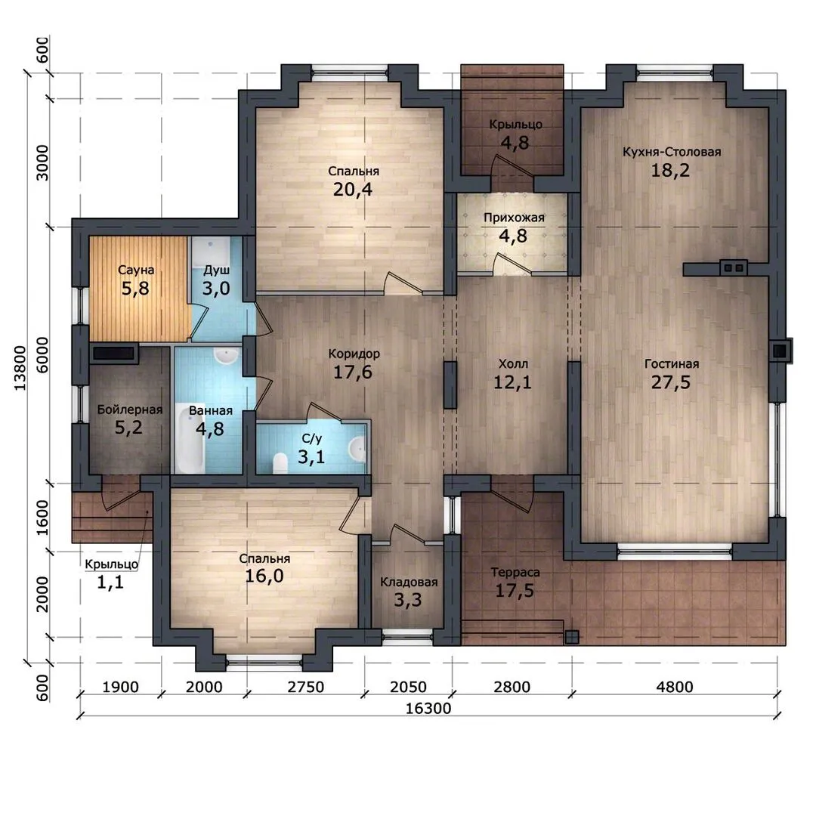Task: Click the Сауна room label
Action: [136, 270]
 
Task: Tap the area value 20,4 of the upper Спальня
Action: [353, 190]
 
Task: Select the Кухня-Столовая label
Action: [672, 152]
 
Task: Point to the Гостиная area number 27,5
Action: [671, 382]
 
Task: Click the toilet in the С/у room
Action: [280, 462]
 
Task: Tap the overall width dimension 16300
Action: [428, 709]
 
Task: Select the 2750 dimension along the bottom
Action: [306, 687]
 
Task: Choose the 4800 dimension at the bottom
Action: [675, 687]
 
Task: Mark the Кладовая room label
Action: [409, 582]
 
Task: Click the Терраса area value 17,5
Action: [515, 591]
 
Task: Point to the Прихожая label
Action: [514, 218]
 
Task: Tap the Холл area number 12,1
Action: [512, 382]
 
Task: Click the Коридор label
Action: [354, 354]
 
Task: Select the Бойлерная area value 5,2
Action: [128, 428]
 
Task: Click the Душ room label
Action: [217, 270]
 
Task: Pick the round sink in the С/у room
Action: [357, 448]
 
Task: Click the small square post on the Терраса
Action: [572, 636]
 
